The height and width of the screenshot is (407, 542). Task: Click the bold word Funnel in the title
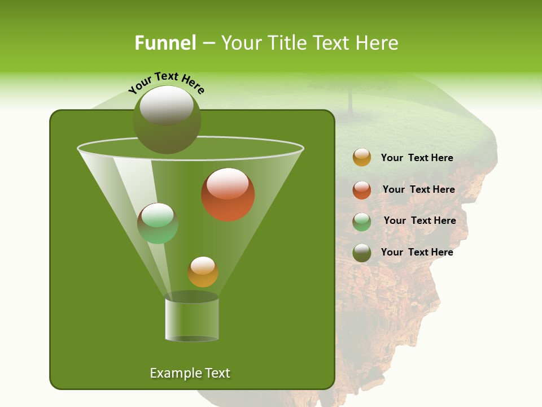coord(165,43)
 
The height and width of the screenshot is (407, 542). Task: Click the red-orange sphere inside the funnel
coord(228,194)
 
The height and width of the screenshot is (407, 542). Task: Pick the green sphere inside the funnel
coord(158,223)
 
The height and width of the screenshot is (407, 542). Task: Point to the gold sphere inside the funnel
coord(203,272)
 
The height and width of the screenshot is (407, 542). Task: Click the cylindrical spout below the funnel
coord(192,319)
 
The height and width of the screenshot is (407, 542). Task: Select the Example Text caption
coord(190,373)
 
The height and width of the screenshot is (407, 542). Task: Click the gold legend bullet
coord(362,158)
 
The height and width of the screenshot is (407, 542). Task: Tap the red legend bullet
coord(362,189)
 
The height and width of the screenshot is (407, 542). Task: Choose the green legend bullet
coord(362,221)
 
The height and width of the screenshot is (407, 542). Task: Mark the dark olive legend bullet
coord(362,253)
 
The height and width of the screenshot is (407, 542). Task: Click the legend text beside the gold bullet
coord(417,158)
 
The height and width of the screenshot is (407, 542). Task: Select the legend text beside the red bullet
coord(418,189)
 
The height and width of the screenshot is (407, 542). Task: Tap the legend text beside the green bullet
coord(419,220)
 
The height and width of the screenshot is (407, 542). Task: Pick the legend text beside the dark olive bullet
coord(417,252)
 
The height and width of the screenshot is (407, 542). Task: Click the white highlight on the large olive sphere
coord(167,105)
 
